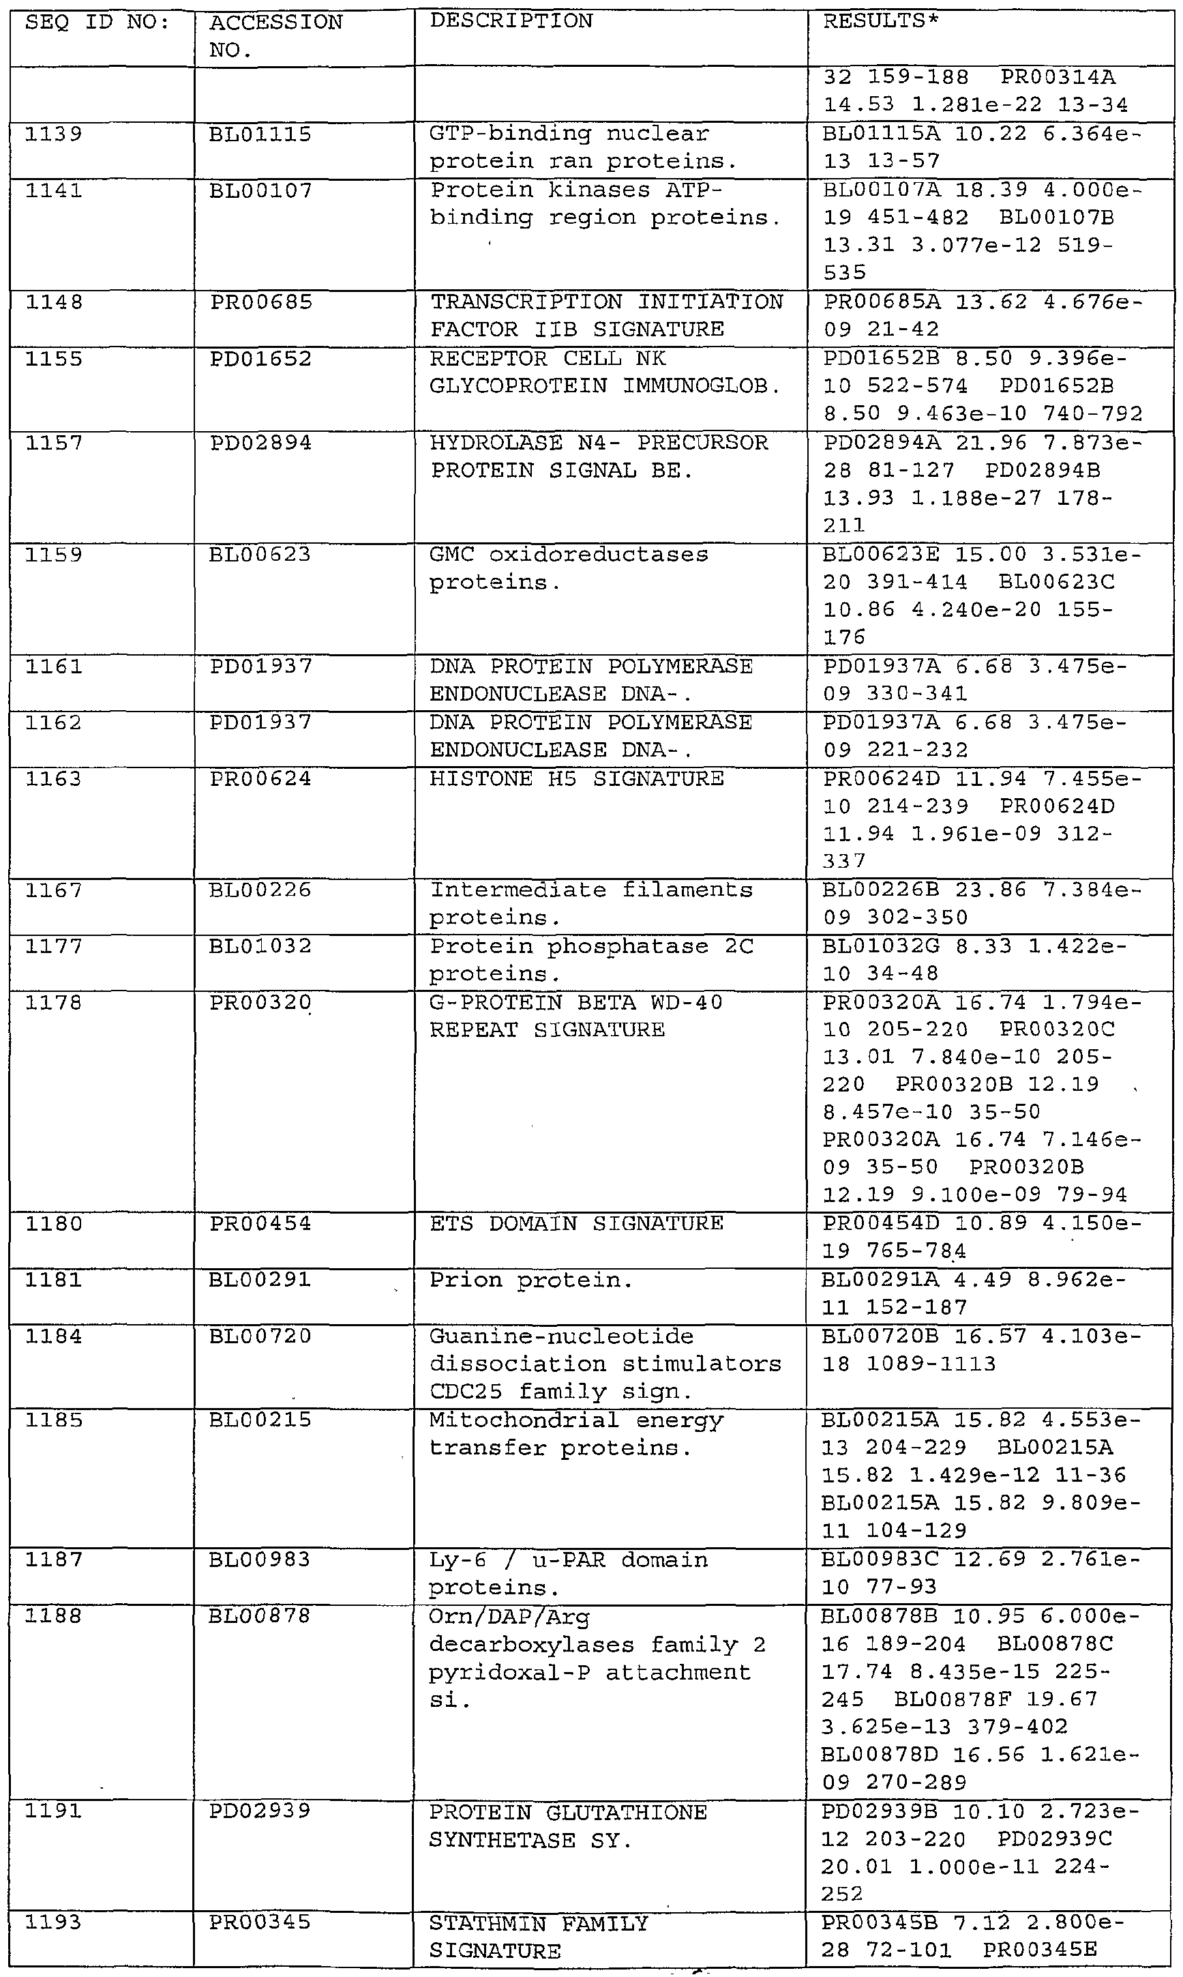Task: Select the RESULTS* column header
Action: [881, 22]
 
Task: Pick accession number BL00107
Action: [260, 190]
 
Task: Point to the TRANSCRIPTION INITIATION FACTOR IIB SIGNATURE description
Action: [606, 316]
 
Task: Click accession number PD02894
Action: [260, 443]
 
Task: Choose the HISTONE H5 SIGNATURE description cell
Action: [576, 779]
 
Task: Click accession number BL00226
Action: [260, 891]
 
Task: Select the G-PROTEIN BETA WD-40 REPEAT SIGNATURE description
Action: [575, 1016]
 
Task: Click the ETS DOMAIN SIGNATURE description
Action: [576, 1223]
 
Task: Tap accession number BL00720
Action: [260, 1336]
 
